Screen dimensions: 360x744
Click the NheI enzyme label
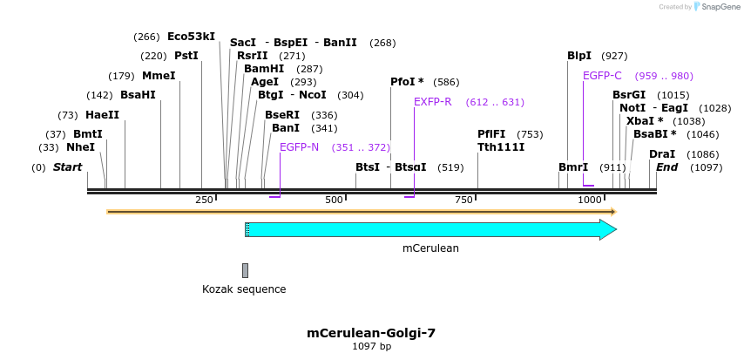pos(80,147)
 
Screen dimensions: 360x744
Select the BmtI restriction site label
pos(87,134)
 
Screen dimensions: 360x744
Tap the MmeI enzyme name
pos(159,75)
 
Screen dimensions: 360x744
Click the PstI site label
pos(186,56)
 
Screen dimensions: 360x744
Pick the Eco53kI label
pos(191,37)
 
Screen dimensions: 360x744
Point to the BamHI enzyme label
pos(264,69)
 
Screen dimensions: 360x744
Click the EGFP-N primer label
pos(299,147)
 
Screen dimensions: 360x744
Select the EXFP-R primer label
pos(432,102)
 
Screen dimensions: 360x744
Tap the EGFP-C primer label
pos(602,76)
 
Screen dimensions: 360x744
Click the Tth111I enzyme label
pos(501,147)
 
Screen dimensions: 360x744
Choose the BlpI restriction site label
pos(579,56)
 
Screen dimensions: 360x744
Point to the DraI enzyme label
pos(662,154)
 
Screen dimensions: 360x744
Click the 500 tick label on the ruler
pos(335,200)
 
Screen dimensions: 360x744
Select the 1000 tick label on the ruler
pos(591,200)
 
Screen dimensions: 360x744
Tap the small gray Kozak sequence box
pos(246,270)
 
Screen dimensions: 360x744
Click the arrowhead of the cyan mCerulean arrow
pos(608,229)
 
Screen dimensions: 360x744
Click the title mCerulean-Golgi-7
pos(371,333)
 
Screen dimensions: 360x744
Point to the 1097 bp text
pos(371,347)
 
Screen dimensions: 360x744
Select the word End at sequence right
pos(666,167)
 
